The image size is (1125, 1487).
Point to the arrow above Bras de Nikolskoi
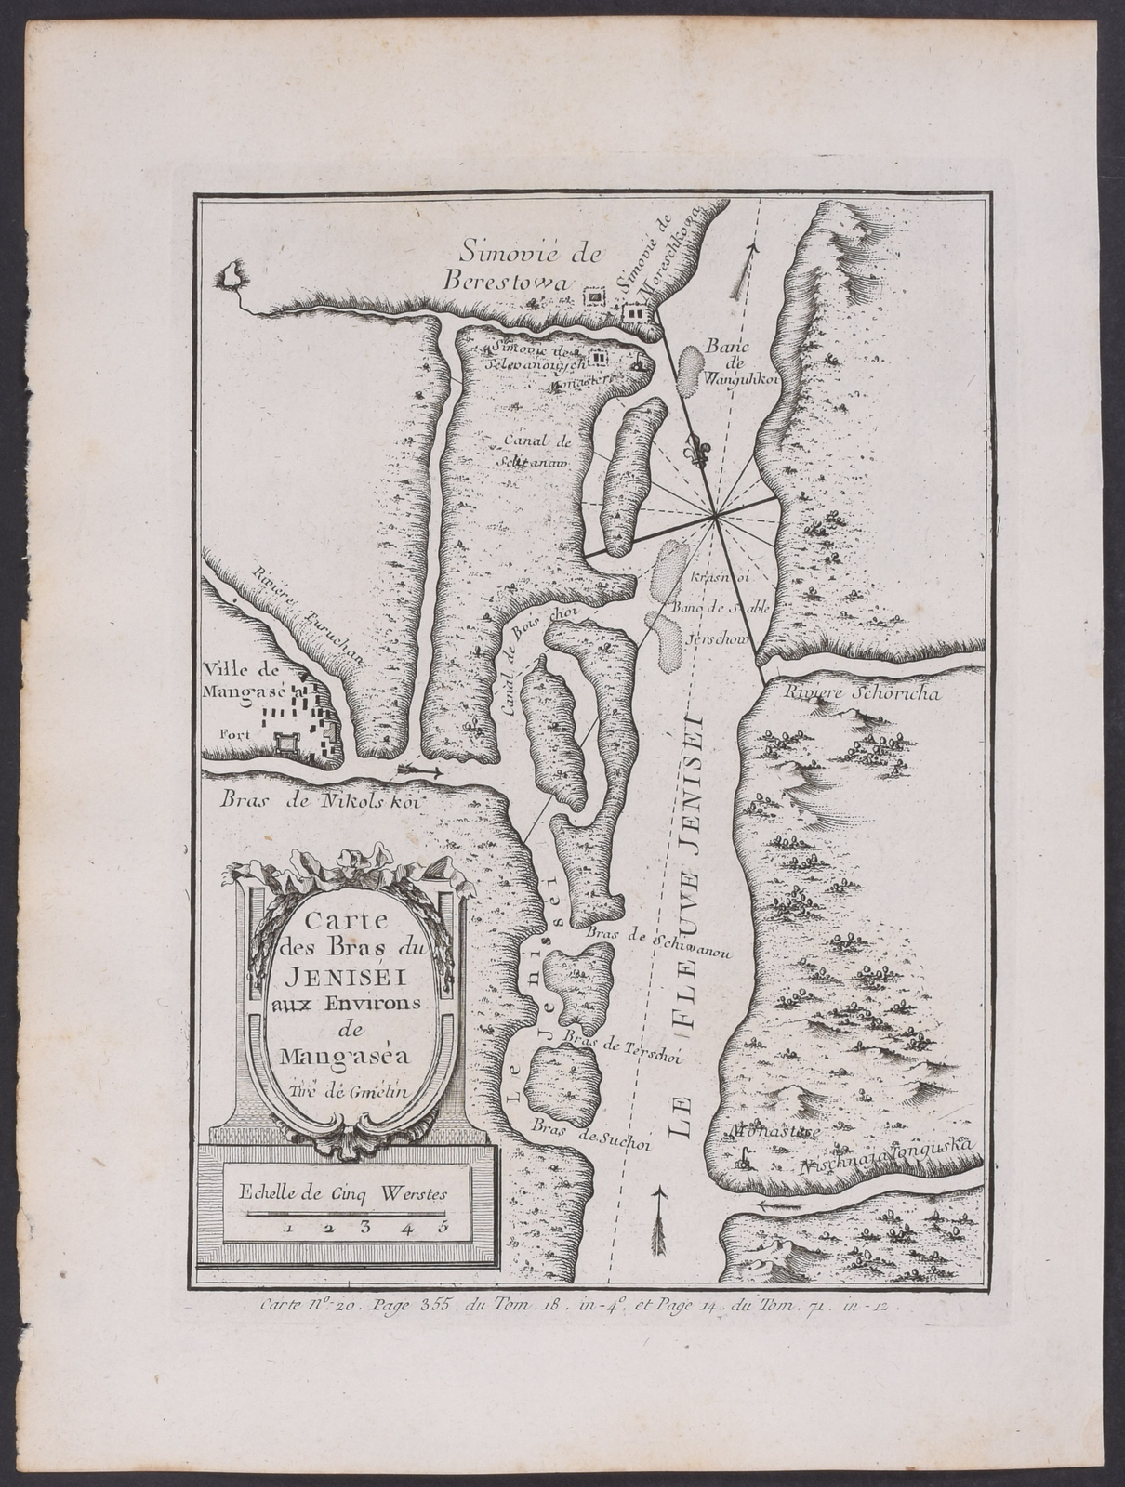(x=420, y=770)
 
